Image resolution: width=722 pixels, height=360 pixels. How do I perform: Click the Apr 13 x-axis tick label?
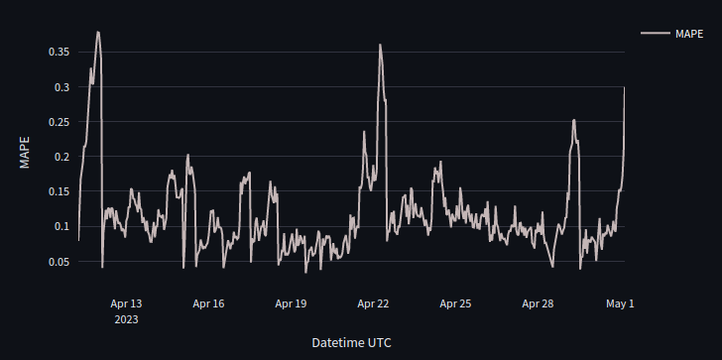pos(126,303)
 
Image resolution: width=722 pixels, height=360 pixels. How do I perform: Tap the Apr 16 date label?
pos(208,303)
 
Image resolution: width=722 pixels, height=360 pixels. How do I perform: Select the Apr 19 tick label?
pos(291,303)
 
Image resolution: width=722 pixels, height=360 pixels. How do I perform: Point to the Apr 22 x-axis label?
pos(373,303)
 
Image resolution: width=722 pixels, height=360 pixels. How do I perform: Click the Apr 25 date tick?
pos(455,303)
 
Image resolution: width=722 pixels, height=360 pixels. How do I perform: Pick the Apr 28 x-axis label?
pos(538,303)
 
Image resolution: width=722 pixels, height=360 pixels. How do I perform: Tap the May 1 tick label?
pos(620,303)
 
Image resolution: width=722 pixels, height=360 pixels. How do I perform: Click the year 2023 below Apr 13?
pos(126,319)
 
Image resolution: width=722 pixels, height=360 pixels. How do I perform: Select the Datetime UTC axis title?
pos(351,342)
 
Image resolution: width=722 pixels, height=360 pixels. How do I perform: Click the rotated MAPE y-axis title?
pos(25,153)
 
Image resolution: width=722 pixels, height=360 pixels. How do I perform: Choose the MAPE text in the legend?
pos(689,34)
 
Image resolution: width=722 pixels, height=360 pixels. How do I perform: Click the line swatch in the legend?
pos(656,34)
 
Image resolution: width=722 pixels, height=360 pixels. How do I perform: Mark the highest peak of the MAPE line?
pos(98,32)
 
